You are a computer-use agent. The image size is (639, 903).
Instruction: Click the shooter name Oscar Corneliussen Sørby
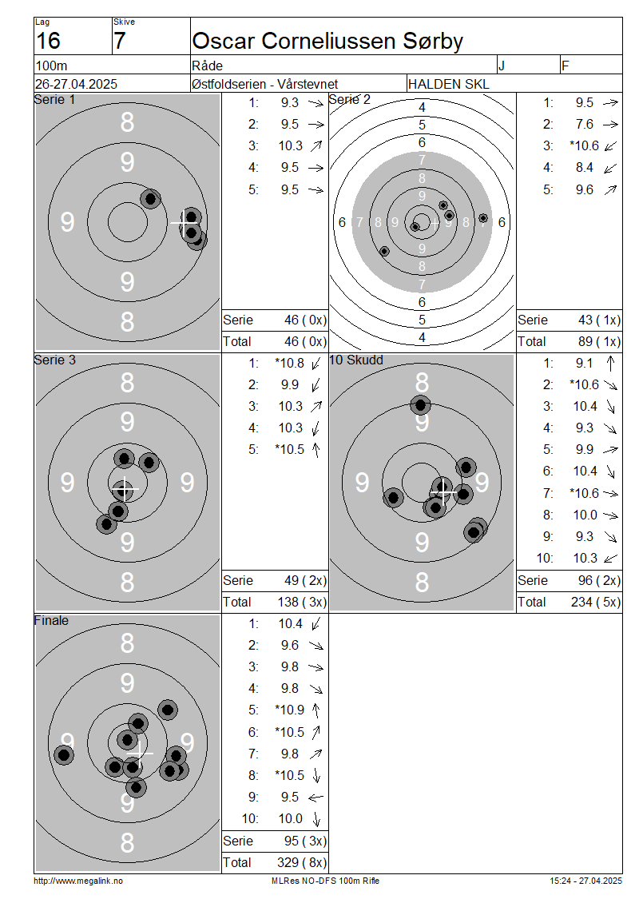coord(327,42)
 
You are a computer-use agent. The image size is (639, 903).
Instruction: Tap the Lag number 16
coord(48,41)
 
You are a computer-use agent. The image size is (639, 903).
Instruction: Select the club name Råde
coord(207,66)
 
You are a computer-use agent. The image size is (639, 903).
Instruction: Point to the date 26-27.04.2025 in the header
coord(76,84)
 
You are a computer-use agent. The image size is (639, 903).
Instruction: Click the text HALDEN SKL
coord(448,84)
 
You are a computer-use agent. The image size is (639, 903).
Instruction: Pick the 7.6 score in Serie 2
coord(585,125)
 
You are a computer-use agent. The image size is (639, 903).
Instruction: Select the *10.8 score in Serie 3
coord(290,364)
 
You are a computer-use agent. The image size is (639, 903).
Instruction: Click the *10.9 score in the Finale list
coord(290,710)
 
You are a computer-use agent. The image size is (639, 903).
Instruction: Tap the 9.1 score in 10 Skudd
coord(585,364)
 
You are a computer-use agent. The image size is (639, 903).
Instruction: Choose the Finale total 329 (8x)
coord(302,863)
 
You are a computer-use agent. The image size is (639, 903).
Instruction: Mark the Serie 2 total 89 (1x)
coord(599,341)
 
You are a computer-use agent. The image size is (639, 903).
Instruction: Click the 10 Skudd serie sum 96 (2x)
coord(599,580)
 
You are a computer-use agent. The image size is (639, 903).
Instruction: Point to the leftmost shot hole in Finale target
coord(64,754)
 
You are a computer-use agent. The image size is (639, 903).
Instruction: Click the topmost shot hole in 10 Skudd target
coord(421,405)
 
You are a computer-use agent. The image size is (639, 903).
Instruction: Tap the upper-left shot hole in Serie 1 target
coord(151,199)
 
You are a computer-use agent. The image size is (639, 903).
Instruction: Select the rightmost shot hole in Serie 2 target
coord(483,218)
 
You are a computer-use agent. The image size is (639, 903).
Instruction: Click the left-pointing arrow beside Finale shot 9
coord(316,798)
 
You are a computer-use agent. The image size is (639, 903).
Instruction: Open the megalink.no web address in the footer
coord(78,881)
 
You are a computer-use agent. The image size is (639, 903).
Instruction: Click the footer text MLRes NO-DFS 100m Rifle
coord(325,881)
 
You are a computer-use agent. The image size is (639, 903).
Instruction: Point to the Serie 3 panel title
coord(54,360)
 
